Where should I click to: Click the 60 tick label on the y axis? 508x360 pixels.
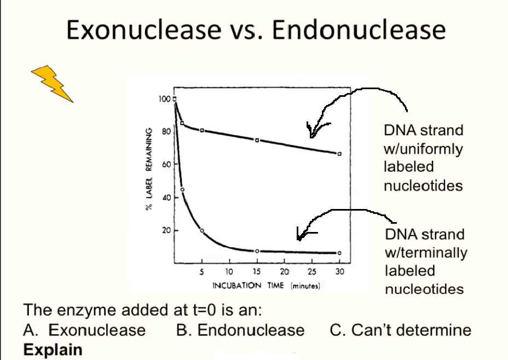tap(165, 164)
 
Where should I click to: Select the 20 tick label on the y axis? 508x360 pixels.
tap(165, 230)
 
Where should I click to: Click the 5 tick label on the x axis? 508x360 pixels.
tap(202, 271)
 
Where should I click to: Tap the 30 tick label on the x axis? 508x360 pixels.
tap(339, 271)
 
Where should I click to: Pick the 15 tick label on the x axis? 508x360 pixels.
tap(257, 271)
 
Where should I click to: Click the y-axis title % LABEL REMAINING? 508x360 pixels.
tap(148, 169)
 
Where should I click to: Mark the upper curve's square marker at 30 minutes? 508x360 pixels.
tap(339, 154)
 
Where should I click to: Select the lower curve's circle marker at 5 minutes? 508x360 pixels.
tap(202, 231)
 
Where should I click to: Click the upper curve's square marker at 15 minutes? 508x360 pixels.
tap(257, 140)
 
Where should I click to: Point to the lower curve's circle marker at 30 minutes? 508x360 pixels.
tap(339, 253)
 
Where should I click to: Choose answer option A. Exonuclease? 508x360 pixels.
tap(85, 330)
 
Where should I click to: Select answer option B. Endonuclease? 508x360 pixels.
tap(240, 330)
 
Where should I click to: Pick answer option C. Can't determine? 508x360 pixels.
tap(400, 330)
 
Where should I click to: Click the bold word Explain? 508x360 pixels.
tap(53, 350)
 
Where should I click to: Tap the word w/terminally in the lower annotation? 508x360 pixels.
tap(426, 253)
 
